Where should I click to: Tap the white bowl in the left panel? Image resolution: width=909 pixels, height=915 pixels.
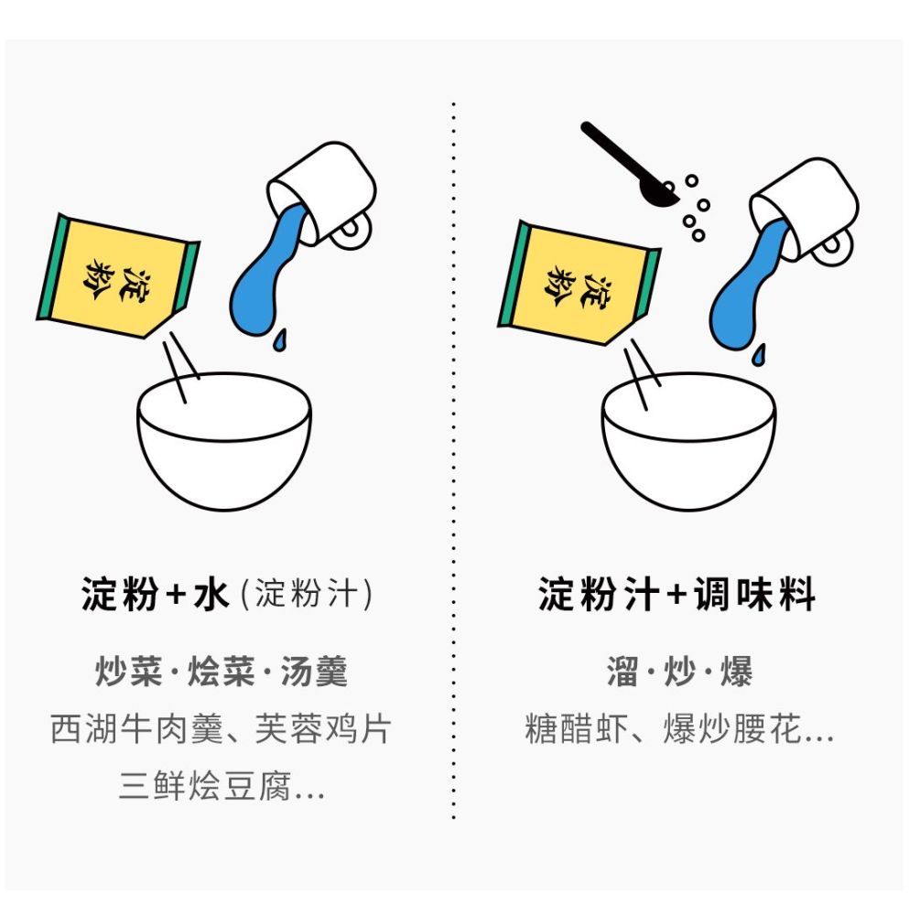click(x=224, y=448)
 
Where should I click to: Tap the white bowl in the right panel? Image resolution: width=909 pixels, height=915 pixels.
click(x=688, y=448)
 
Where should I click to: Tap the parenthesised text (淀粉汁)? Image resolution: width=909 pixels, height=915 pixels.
click(x=306, y=596)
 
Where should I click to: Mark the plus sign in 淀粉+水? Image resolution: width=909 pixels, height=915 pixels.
click(x=174, y=597)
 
